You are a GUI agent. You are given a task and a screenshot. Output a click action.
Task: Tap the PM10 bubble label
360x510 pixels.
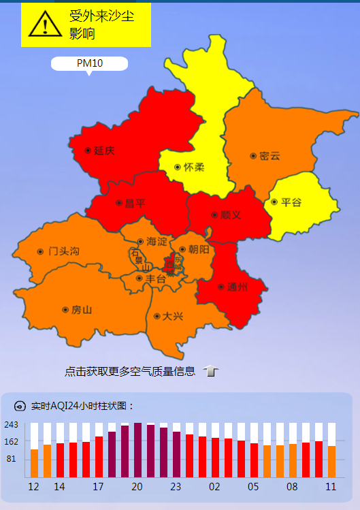pyautogui.click(x=89, y=63)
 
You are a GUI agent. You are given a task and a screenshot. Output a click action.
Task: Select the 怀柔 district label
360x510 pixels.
pyautogui.click(x=193, y=167)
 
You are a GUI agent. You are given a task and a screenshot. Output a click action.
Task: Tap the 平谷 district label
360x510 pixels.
pyautogui.click(x=291, y=202)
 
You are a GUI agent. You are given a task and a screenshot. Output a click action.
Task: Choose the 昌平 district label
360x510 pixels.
pyautogui.click(x=135, y=203)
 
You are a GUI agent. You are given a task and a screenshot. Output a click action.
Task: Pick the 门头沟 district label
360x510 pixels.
pyautogui.click(x=63, y=251)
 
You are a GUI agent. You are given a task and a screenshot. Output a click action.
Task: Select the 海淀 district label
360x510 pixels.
pyautogui.click(x=157, y=242)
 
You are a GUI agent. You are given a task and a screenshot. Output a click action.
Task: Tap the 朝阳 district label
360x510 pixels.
pyautogui.click(x=198, y=249)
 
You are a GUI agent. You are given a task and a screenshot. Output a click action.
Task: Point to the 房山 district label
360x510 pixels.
pyautogui.click(x=81, y=310)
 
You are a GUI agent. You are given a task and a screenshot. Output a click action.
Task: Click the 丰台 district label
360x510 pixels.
pyautogui.click(x=155, y=278)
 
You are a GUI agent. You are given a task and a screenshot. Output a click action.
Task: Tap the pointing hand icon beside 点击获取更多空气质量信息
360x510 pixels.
pyautogui.click(x=211, y=371)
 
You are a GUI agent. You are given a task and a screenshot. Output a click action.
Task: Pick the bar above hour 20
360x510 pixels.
pyautogui.click(x=137, y=450)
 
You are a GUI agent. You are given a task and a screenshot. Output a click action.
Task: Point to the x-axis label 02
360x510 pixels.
pyautogui.click(x=215, y=487)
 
